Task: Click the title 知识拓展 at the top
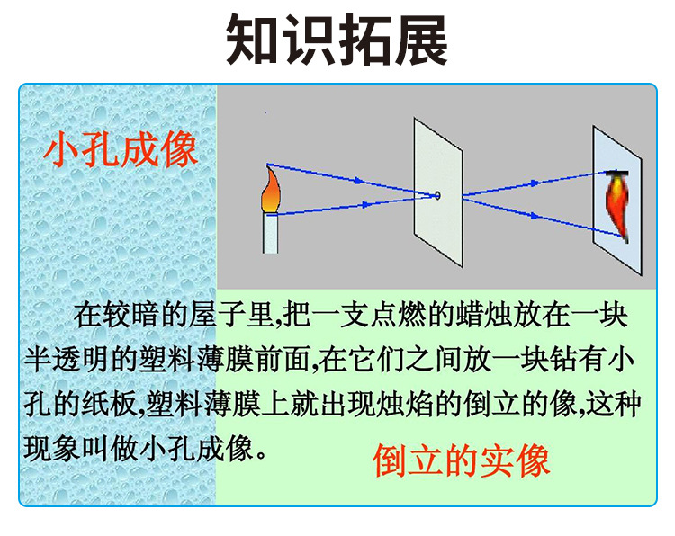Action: tap(337, 40)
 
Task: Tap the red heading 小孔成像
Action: tap(121, 149)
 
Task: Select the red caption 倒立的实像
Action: tap(461, 462)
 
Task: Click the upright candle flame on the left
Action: tap(271, 190)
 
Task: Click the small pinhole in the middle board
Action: tap(437, 195)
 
